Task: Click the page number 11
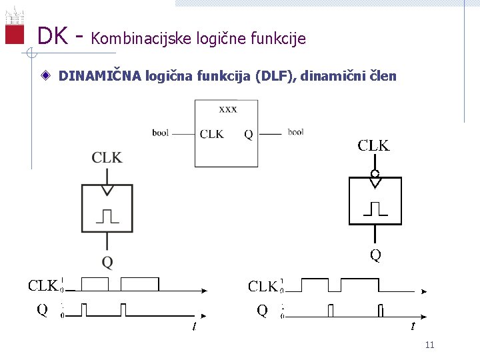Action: coord(429,345)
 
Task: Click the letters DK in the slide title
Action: coord(52,36)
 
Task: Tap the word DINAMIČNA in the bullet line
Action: coord(99,76)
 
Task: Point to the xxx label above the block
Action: coord(227,109)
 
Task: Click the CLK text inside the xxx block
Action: coord(211,134)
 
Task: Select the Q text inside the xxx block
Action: coord(248,134)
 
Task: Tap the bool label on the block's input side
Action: coord(160,133)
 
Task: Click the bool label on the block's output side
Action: coord(295,133)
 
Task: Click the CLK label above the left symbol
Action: coord(107,157)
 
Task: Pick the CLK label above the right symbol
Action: coord(374,145)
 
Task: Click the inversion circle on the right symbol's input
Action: coord(375,173)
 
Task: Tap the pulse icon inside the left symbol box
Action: coord(107,215)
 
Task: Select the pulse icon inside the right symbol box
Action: coord(375,209)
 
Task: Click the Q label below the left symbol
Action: coord(107,261)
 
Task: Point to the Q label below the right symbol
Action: coord(375,255)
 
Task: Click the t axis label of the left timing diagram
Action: coord(193,326)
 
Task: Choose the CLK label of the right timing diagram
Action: coord(263,287)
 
